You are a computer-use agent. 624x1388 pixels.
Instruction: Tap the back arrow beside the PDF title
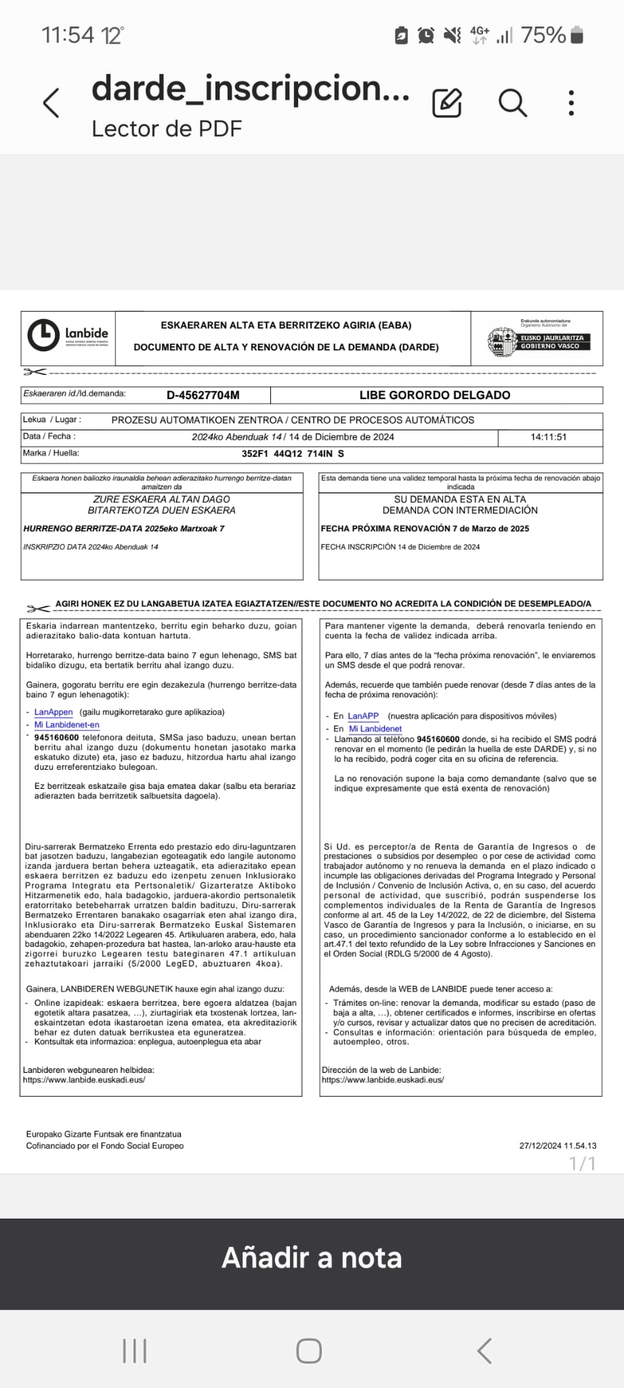51,103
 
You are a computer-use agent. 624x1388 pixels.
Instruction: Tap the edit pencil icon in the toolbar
447,103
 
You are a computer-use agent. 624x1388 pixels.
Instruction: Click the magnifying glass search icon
512,103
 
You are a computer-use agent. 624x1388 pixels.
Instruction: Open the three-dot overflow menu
571,103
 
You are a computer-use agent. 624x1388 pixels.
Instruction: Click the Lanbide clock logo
43,335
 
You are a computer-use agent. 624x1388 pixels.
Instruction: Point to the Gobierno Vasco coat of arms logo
501,342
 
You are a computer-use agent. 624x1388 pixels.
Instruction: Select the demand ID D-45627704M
203,395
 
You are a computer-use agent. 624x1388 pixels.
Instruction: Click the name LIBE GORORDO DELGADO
435,395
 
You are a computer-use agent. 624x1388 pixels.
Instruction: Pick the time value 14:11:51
548,437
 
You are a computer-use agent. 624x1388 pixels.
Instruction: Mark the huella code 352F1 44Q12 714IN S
293,454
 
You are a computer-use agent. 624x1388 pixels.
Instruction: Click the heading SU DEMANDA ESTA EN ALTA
460,499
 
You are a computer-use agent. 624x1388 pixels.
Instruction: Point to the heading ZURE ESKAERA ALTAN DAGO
161,499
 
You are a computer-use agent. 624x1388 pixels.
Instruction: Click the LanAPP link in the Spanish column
363,716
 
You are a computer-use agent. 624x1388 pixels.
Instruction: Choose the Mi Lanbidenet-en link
66,725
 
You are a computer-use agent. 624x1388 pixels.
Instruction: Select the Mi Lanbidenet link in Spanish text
375,729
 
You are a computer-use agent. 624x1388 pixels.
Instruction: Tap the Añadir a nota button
312,1258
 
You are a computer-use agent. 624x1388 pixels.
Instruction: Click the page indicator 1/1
582,1164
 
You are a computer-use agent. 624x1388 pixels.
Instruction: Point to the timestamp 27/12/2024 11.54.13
558,1146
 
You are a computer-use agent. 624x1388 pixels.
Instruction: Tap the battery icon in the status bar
577,35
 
